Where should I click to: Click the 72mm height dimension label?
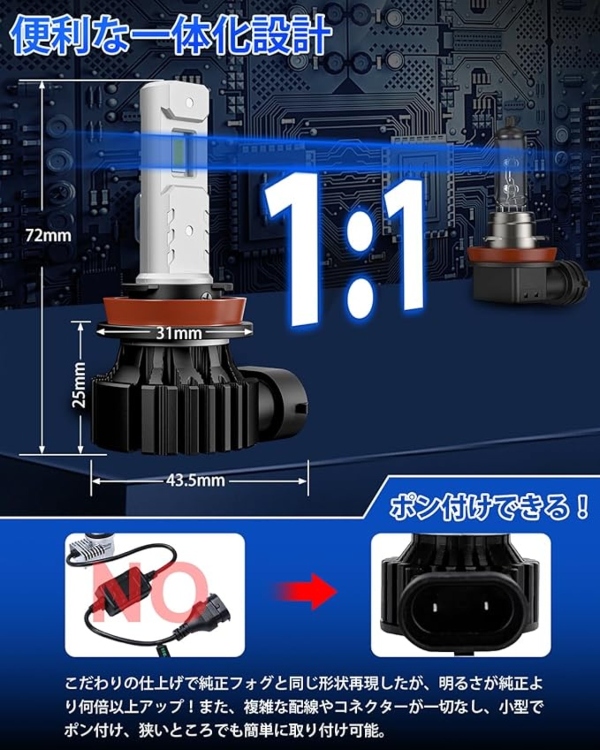coord(48,236)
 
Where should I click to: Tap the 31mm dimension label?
coord(179,334)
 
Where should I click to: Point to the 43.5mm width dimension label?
coord(195,480)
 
